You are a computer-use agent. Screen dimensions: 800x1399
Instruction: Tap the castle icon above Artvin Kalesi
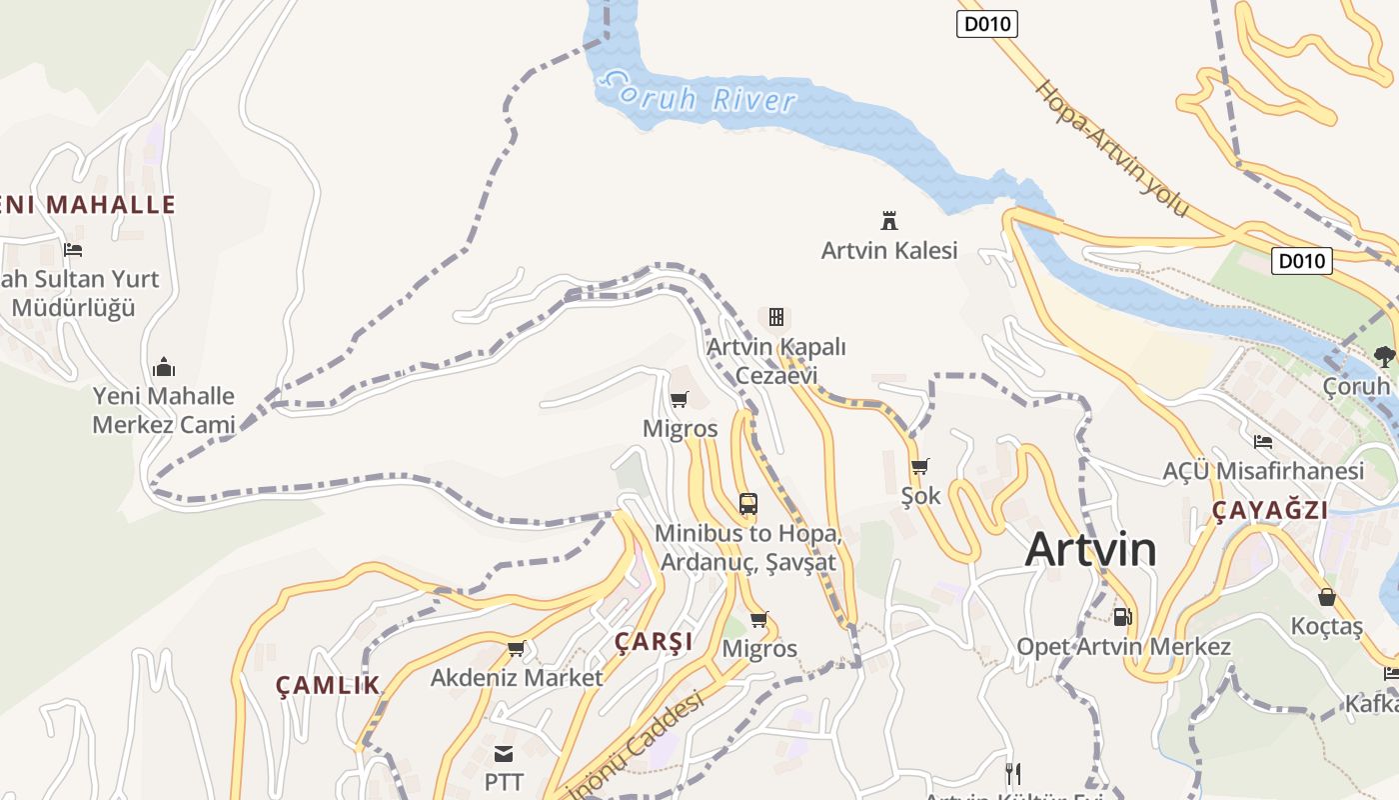coord(888,220)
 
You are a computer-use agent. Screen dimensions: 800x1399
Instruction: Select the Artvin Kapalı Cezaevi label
coord(776,361)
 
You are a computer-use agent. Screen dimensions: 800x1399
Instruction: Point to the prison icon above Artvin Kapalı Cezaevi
coord(775,317)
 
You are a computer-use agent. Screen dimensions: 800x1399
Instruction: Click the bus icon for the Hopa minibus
coord(747,503)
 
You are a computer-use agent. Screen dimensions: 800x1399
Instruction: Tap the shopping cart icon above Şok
coord(919,466)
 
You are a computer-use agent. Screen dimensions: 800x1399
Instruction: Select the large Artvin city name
coord(1090,549)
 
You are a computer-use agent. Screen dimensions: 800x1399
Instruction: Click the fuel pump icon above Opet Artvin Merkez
coord(1123,617)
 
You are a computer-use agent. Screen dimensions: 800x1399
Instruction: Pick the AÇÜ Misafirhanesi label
coord(1263,471)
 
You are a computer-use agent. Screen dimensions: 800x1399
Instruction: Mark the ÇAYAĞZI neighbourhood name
coord(1270,511)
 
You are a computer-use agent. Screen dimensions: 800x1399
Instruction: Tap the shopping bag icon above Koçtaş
coord(1327,597)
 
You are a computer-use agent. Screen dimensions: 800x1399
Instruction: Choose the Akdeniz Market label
coord(517,678)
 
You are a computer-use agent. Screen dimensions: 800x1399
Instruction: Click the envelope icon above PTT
coord(504,753)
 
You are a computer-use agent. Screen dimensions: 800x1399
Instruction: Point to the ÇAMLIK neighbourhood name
coord(328,685)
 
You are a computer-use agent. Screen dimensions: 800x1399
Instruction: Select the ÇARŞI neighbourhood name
coord(654,641)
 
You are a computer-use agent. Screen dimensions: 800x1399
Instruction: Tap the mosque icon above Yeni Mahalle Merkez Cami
coord(163,367)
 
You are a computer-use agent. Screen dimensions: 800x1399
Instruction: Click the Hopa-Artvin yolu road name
coord(1112,148)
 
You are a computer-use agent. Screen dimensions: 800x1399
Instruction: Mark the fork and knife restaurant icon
coord(1012,773)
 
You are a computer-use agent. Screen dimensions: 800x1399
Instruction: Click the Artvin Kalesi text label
coord(889,250)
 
